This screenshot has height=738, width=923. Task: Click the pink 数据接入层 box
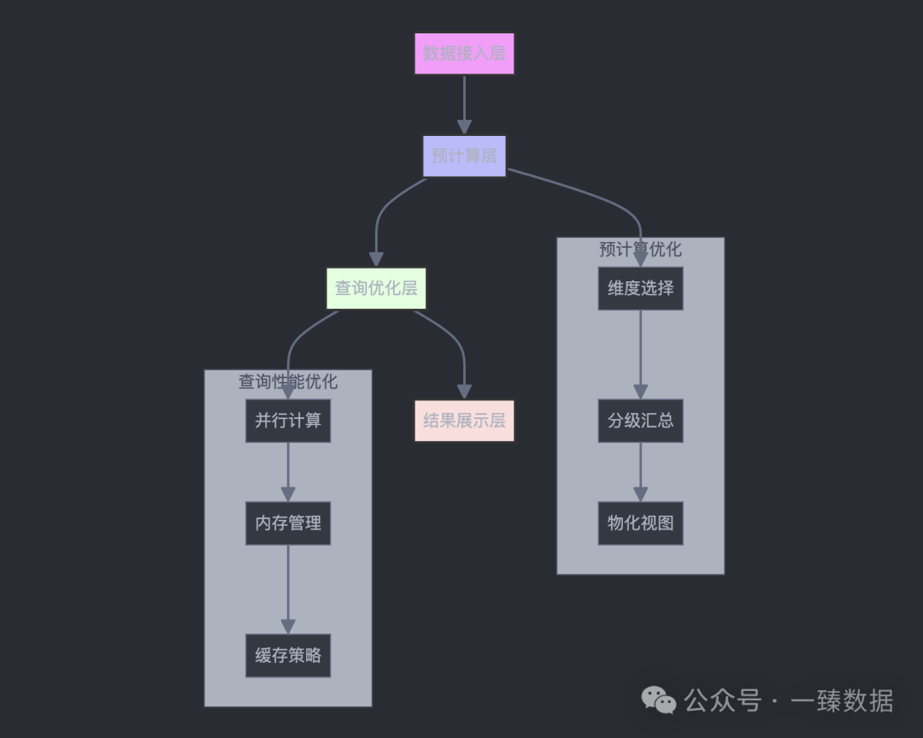coord(464,54)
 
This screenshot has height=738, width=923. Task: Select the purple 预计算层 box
coord(464,156)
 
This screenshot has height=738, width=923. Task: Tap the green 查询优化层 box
coord(376,288)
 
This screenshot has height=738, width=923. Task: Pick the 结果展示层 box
coord(464,420)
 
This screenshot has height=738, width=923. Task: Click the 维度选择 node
coord(640,288)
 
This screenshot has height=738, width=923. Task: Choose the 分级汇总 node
coord(640,420)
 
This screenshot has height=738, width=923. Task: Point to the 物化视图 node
coord(640,523)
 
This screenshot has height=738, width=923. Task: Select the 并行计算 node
coord(288,420)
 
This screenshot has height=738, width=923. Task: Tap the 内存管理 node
coord(288,523)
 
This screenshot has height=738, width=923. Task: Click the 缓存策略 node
coord(288,655)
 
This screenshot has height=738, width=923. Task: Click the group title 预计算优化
coord(640,249)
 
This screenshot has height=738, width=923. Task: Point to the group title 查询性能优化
coord(288,381)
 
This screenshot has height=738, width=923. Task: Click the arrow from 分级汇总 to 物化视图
coord(640,471)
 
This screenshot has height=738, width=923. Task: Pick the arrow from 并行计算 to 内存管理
coord(288,471)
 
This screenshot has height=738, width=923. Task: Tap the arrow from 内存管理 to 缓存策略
coord(288,589)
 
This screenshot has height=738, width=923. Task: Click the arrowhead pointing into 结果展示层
coord(464,391)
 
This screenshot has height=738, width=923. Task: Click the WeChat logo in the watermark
coord(659,700)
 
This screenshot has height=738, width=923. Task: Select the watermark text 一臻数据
coord(842,700)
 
